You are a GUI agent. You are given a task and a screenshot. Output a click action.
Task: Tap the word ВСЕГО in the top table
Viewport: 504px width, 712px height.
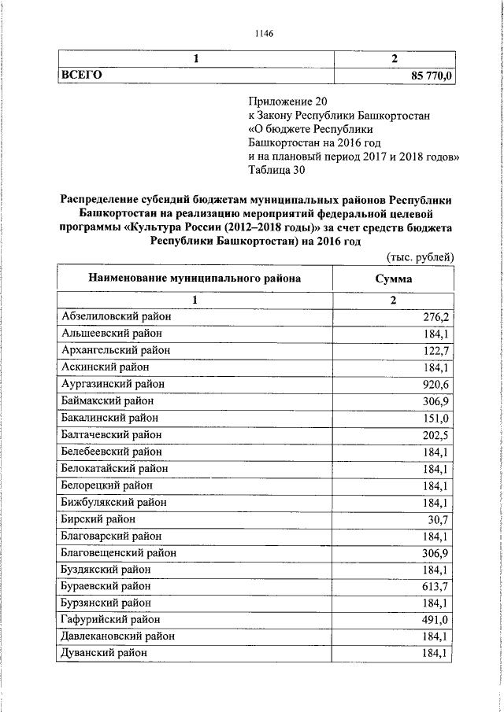(x=83, y=75)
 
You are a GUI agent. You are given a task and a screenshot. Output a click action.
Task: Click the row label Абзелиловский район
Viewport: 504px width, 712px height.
(x=117, y=316)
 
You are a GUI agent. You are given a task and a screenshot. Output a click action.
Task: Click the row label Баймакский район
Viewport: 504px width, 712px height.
(x=107, y=400)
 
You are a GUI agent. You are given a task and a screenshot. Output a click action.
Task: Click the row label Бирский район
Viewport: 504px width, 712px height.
(x=98, y=519)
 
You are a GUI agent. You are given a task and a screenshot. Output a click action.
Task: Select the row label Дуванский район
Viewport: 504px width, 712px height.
(x=104, y=653)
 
